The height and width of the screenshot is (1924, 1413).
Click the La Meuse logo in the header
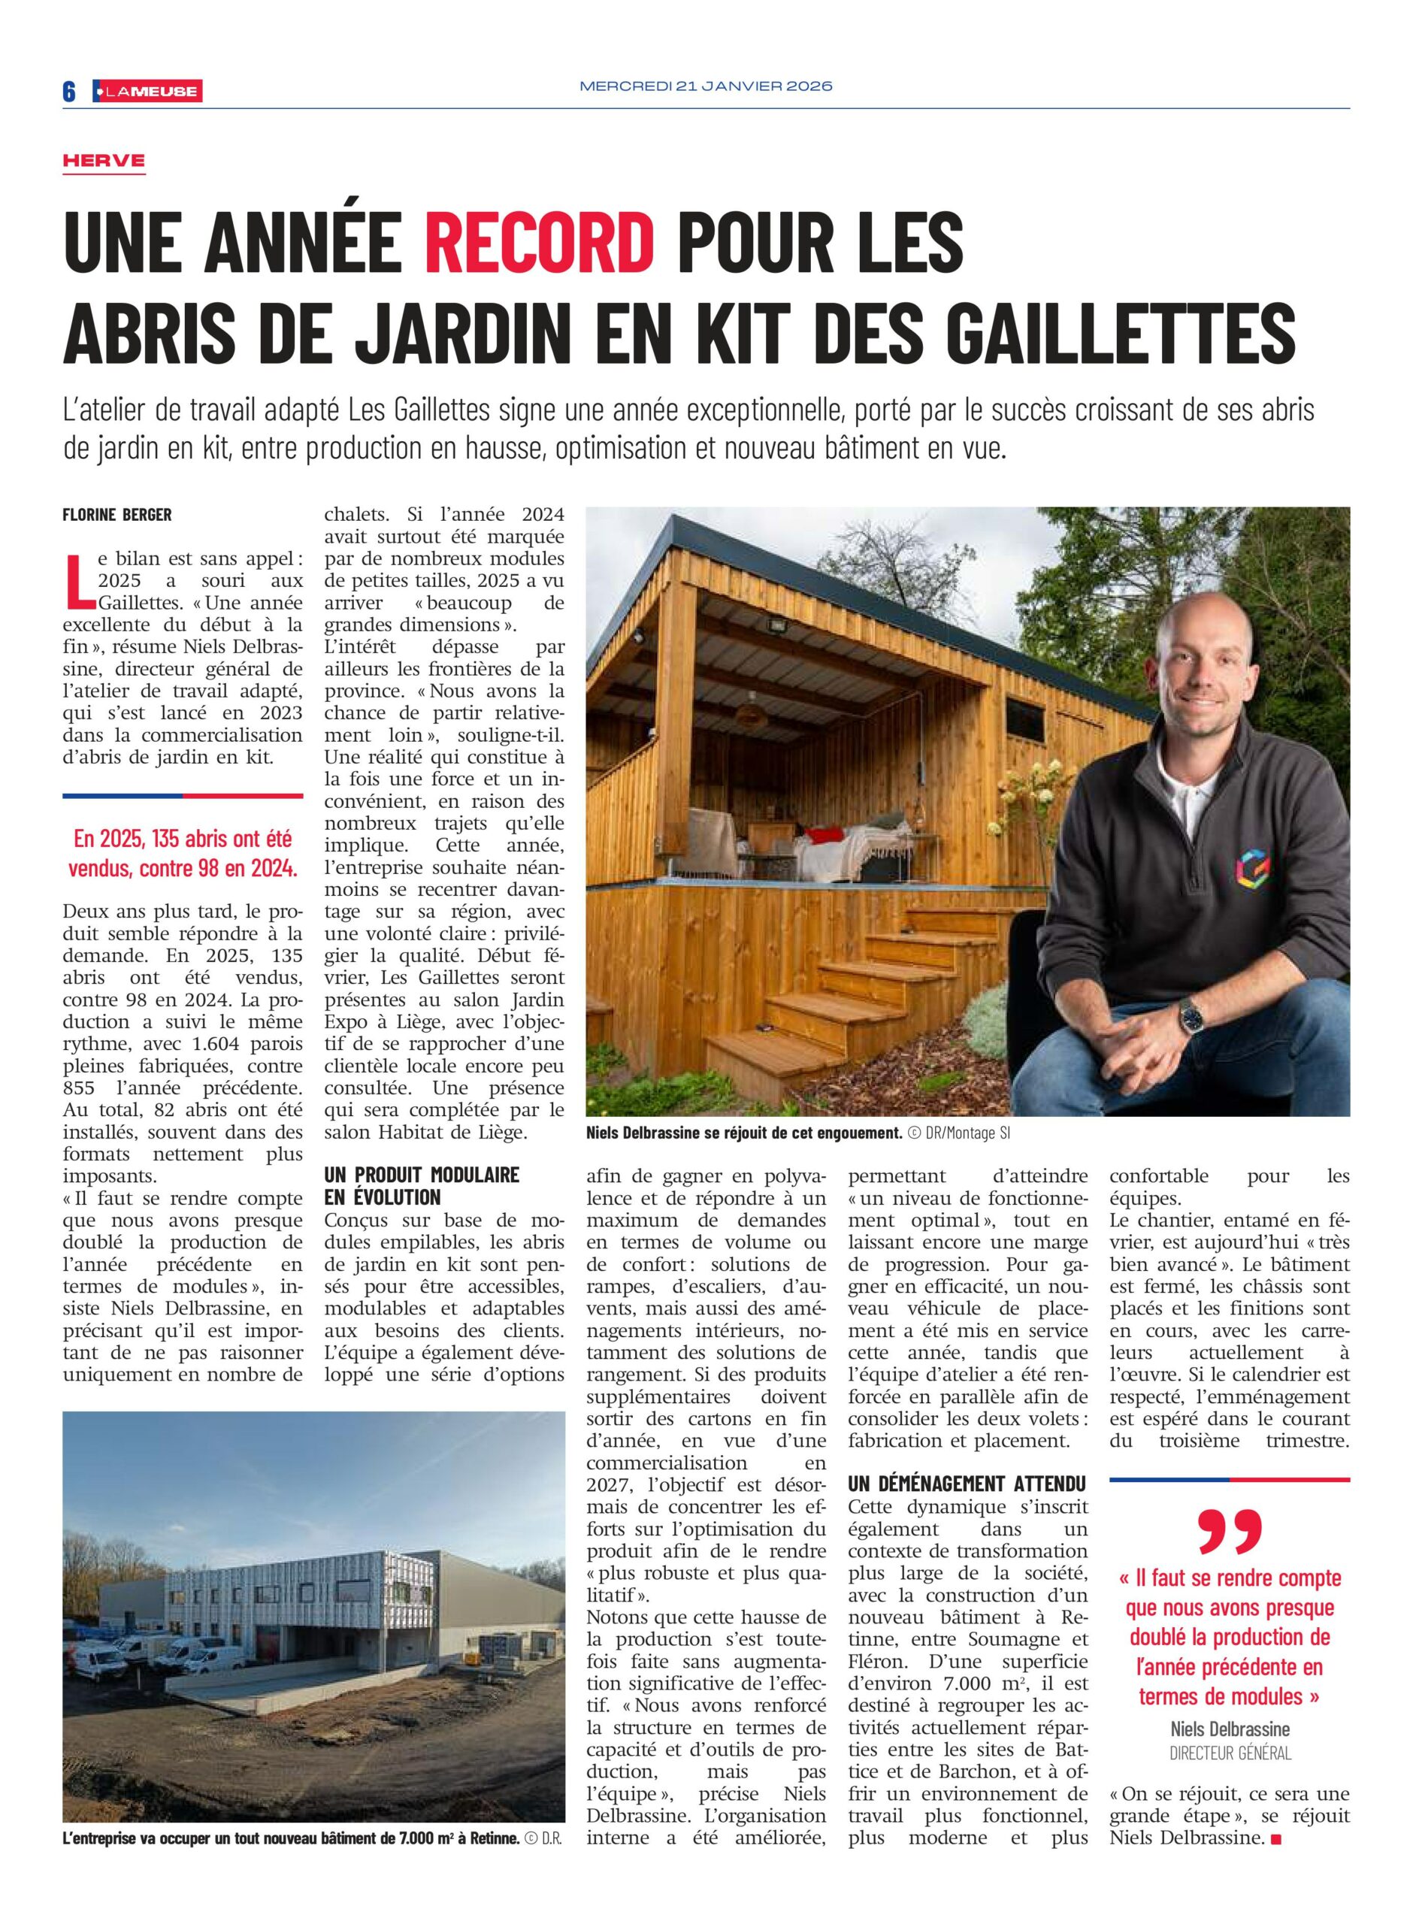147,92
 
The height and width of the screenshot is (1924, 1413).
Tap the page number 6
69,92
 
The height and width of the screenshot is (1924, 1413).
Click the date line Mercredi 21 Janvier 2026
706,86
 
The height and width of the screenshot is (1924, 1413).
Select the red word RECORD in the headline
540,243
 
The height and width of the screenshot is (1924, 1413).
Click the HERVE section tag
104,161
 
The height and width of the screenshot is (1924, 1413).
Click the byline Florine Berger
117,515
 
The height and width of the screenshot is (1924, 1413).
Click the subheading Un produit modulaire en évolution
422,1186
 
